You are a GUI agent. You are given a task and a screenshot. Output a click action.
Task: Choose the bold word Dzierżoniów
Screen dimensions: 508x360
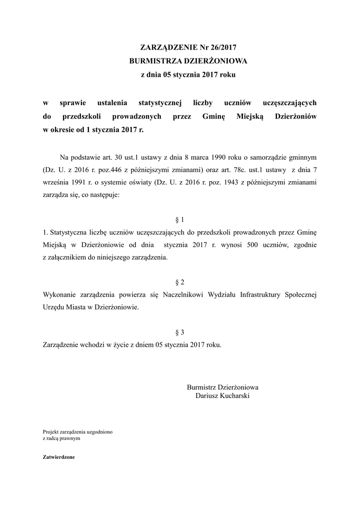[x=295, y=117]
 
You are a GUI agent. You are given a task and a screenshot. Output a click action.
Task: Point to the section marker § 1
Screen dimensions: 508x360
[x=180, y=219]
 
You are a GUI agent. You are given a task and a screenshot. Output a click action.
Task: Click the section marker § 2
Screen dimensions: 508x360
[x=180, y=282]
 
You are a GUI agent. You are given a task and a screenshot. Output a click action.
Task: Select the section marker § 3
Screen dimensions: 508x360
[x=180, y=332]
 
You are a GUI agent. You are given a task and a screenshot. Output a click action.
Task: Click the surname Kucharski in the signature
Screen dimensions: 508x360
[x=233, y=396]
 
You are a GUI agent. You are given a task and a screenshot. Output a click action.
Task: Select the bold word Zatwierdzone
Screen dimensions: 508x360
[x=59, y=457]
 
